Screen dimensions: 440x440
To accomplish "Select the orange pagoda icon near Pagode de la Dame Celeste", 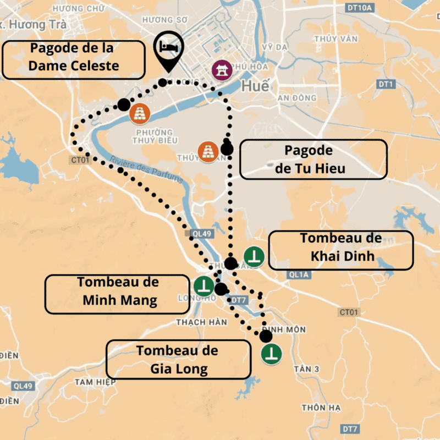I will (x=140, y=114).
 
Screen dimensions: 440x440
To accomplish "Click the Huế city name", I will (x=254, y=86).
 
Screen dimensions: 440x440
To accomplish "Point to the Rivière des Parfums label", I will (x=146, y=170).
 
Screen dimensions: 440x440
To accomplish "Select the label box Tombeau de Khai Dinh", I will (x=341, y=250).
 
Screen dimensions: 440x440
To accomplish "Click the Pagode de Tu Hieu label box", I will (x=313, y=159).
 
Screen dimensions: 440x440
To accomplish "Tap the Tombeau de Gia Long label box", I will (x=178, y=359).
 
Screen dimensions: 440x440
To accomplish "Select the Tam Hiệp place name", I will (x=96, y=382).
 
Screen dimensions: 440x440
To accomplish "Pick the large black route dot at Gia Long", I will (x=266, y=335).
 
